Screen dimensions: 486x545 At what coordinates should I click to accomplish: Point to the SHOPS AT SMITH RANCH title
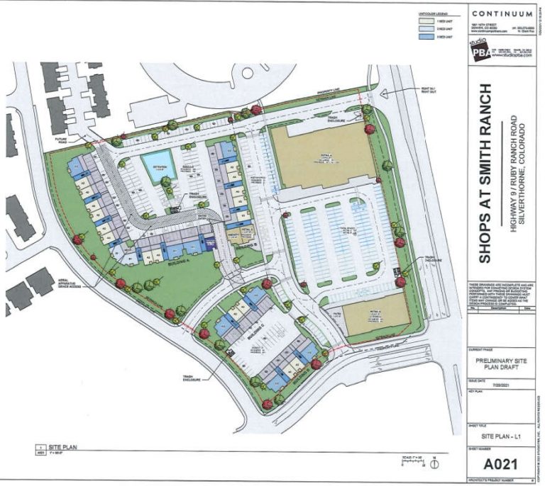pos(485,174)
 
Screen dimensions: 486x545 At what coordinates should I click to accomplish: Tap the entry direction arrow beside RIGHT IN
pos(383,92)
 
